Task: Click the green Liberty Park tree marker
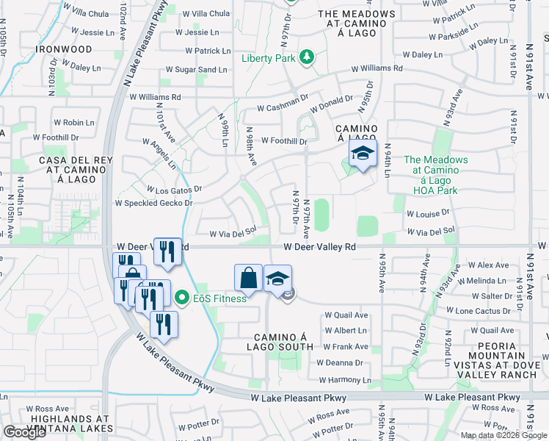pos(308,57)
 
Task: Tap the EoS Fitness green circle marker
pos(183,298)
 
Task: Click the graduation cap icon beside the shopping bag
pos(277,279)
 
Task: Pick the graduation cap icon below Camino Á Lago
pos(362,154)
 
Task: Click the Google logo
pos(25,432)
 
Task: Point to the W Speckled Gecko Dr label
pos(153,203)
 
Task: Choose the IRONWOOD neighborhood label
pos(65,49)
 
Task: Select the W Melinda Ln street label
pos(482,281)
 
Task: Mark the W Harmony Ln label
pos(342,380)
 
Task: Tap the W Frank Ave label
pos(345,346)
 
